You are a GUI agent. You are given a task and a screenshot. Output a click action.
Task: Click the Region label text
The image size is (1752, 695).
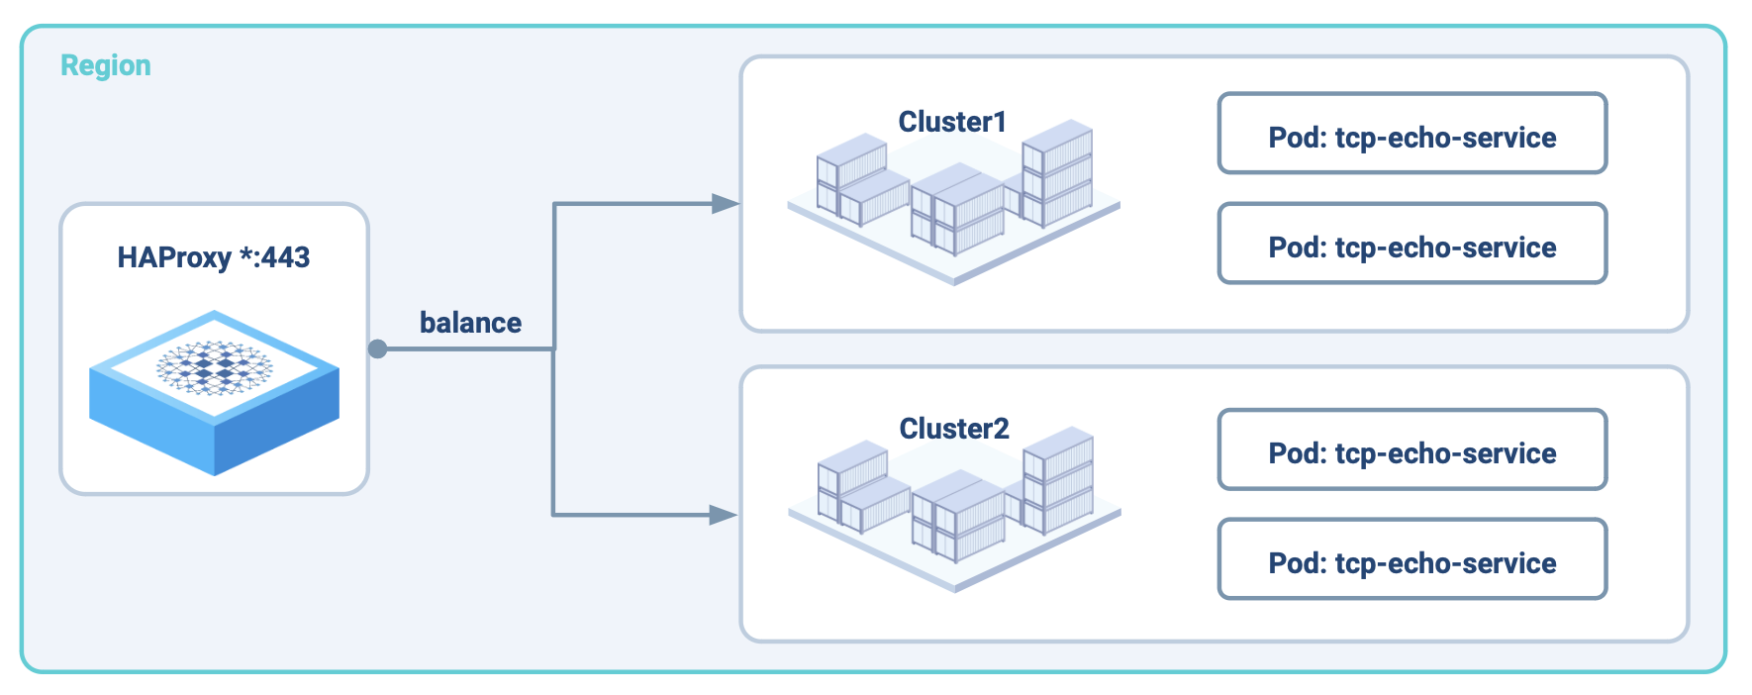[x=106, y=65]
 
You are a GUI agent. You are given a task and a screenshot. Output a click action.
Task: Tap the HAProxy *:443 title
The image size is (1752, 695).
[x=214, y=257]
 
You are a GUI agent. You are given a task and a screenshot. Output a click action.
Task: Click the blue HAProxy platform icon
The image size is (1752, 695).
[x=214, y=416]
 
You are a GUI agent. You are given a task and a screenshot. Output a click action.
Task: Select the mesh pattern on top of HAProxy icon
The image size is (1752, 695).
[x=214, y=367]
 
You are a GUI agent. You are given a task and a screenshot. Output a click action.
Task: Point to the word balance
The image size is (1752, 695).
[x=470, y=323]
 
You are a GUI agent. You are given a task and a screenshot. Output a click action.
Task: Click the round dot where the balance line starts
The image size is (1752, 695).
[x=378, y=348]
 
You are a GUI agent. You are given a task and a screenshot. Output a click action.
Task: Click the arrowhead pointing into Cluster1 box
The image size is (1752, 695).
[x=726, y=204]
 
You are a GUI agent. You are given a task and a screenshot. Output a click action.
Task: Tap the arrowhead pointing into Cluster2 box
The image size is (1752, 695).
[x=724, y=515]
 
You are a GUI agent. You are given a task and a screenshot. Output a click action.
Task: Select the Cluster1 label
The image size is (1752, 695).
[x=952, y=122]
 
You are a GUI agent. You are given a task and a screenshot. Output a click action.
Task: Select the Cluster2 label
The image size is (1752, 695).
[x=954, y=429]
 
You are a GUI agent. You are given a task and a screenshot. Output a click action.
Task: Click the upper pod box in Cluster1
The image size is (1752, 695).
[x=1411, y=134]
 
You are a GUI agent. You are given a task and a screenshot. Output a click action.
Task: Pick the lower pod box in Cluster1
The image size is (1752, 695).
[x=1411, y=244]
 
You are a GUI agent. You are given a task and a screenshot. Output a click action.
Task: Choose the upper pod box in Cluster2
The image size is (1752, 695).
[x=1411, y=449]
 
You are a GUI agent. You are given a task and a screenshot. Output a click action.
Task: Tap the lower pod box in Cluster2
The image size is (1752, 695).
[x=1411, y=559]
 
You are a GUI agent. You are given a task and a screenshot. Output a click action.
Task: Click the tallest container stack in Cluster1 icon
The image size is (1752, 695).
[x=1057, y=173]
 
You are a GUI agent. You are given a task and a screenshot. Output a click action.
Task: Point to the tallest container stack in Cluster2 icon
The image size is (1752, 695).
[x=1058, y=480]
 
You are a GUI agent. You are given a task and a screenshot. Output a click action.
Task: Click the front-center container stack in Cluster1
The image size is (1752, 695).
[x=958, y=213]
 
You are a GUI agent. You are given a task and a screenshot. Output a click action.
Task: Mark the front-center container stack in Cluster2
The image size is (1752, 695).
[x=959, y=520]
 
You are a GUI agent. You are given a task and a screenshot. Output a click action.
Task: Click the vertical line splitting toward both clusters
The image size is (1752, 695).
[x=553, y=416]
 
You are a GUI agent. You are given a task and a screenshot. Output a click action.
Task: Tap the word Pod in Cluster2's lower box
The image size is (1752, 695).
[x=1297, y=563]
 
